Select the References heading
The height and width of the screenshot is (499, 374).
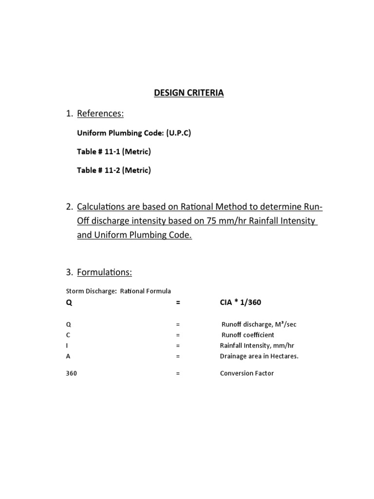coord(100,114)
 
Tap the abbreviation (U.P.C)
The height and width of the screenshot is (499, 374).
coord(176,133)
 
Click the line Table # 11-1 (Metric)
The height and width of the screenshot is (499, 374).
coord(114,152)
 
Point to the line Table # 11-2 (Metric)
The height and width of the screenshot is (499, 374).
coord(114,170)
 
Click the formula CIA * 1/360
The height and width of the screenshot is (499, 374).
coord(241,303)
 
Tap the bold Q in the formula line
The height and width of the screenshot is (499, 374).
coord(69,303)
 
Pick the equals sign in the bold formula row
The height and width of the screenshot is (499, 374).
coord(178,303)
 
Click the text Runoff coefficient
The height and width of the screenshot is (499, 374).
coord(248,335)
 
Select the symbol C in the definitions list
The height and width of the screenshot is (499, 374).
coord(68,335)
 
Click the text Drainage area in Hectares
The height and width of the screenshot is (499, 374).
coord(259,356)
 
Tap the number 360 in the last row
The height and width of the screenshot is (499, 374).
coord(71,373)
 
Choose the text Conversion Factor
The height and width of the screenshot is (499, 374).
coord(247,373)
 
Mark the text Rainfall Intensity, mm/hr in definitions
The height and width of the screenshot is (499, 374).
coord(254,345)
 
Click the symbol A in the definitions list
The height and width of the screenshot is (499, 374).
coord(68,356)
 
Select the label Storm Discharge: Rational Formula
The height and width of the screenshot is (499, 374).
coord(118,291)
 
